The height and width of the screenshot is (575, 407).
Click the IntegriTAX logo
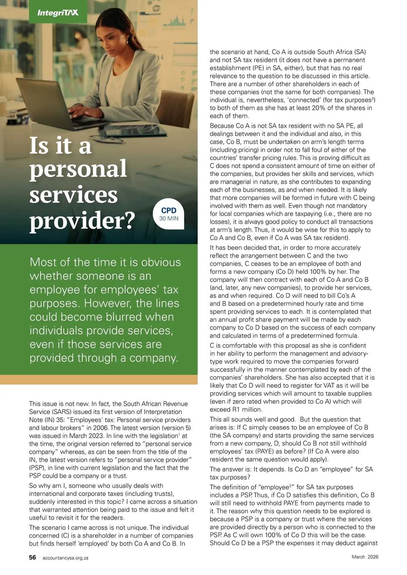click(x=58, y=13)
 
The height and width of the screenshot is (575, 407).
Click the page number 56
click(x=33, y=557)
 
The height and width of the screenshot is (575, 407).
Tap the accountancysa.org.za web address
click(x=65, y=558)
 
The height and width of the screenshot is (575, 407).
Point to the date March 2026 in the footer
click(x=365, y=557)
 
